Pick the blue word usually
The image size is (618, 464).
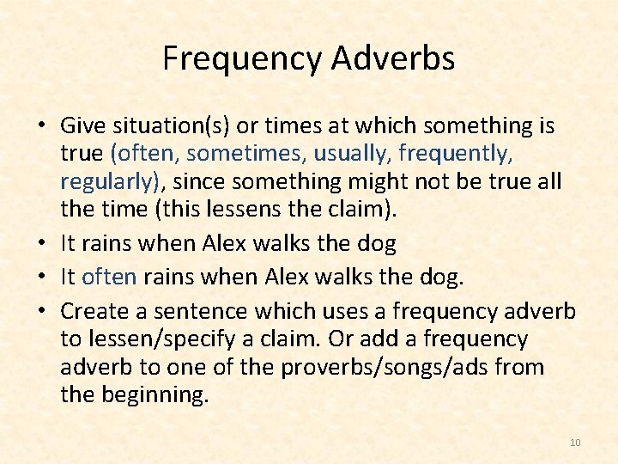348,154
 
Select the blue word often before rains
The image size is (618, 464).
110,278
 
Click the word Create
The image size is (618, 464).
92,310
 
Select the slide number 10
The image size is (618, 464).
575,443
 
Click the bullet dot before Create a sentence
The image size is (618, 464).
40,310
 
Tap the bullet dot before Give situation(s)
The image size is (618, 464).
40,126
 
